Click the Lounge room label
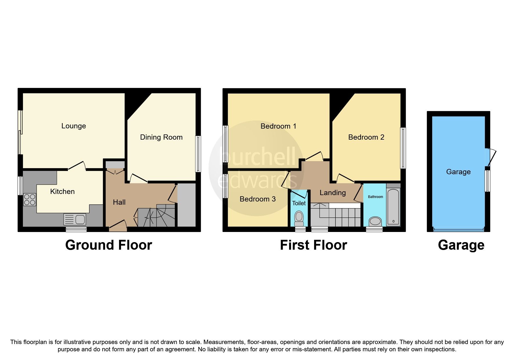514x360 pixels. tap(73, 126)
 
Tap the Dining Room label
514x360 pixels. tap(161, 137)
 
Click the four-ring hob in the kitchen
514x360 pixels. tap(30, 200)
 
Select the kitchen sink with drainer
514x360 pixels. tap(75, 219)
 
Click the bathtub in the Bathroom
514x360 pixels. tap(393, 207)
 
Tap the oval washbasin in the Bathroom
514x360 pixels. tap(376, 221)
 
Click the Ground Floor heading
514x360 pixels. tap(109, 245)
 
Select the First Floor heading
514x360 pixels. tap(313, 245)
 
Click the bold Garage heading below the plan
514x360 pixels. tap(461, 245)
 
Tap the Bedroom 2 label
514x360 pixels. tap(366, 137)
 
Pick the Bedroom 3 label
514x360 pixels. tap(257, 199)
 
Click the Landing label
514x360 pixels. tap(333, 193)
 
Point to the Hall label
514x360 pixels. tap(119, 202)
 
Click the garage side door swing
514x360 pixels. tap(491, 157)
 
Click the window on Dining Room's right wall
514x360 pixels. tap(198, 154)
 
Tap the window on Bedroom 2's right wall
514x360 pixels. tap(403, 148)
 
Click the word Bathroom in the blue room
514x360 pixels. tap(375, 197)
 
